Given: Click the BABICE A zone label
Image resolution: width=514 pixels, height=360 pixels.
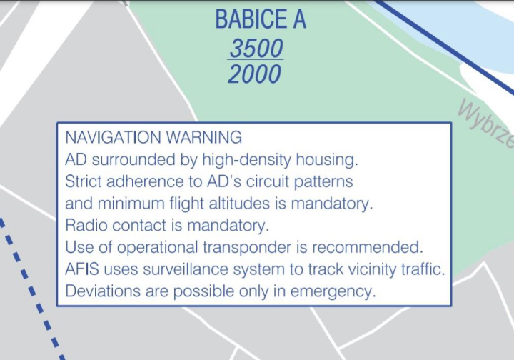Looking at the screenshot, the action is (x=261, y=19).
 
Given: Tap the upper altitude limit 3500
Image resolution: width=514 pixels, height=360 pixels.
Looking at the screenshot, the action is (x=256, y=48).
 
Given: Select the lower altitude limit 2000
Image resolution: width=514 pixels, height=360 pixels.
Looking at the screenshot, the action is (x=254, y=74).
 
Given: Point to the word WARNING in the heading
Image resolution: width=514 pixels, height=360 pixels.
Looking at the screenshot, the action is (x=204, y=137).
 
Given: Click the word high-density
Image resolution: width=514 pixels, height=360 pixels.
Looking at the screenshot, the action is (x=246, y=160).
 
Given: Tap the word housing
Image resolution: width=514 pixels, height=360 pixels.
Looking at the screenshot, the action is (x=326, y=160).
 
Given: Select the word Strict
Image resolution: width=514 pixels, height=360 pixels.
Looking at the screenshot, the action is (x=84, y=181).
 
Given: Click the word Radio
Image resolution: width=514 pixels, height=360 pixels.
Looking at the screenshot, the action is (x=86, y=225).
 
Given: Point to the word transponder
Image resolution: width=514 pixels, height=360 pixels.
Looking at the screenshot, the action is (x=247, y=248).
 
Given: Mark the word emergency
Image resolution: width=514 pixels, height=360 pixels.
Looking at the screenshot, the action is (x=333, y=291).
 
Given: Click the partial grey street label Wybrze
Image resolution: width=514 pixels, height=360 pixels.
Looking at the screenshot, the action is (x=486, y=124).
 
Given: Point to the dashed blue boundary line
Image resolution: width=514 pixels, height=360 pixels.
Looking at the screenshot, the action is (x=33, y=289).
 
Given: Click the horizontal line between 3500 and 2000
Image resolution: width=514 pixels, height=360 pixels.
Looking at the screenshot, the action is (x=256, y=59).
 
